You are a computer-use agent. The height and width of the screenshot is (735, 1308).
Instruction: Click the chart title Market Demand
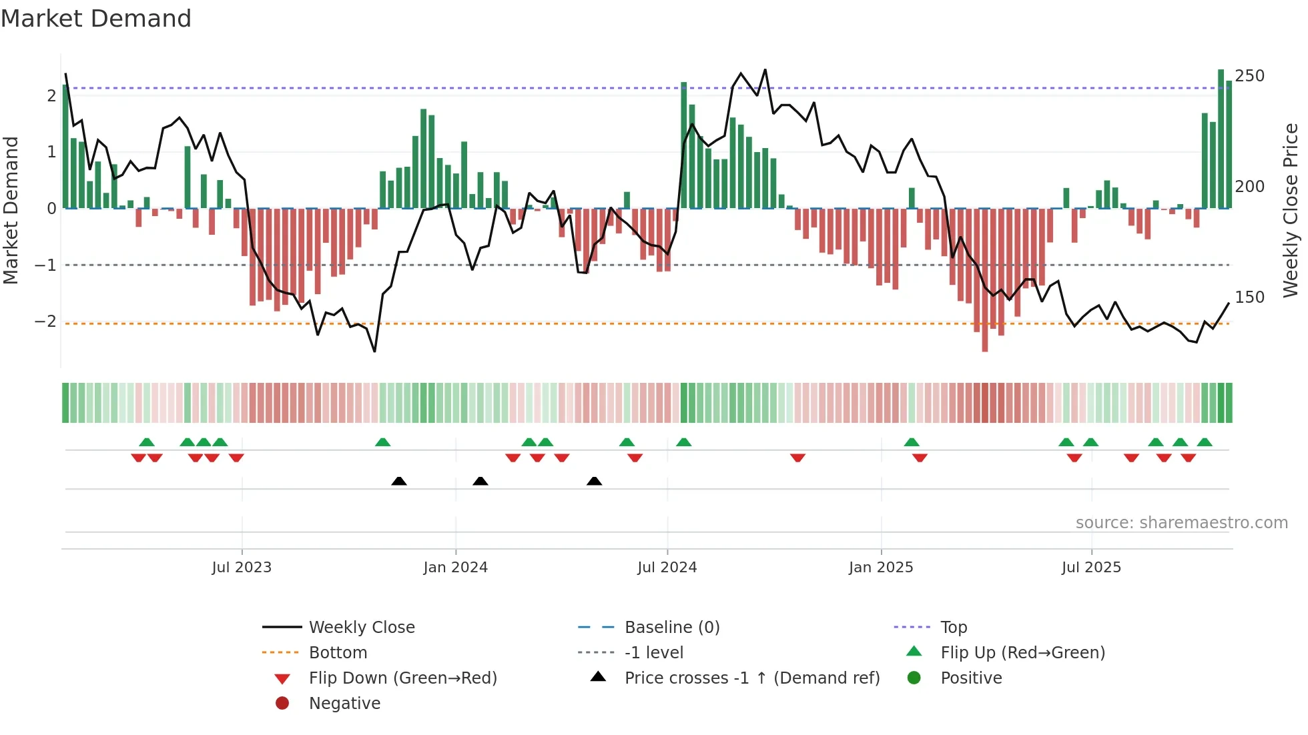point(96,19)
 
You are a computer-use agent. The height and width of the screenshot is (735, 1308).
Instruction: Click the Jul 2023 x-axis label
point(242,568)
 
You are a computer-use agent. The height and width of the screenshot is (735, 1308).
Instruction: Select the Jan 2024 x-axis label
point(455,568)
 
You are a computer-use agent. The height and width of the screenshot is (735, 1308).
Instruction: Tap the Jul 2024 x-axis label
point(667,568)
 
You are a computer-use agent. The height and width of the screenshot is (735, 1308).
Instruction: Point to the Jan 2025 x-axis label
point(881,568)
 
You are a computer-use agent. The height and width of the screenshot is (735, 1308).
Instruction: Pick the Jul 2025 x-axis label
point(1091,568)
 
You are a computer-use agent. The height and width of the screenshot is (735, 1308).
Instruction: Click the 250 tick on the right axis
point(1249,76)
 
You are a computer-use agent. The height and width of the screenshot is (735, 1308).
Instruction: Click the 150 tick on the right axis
point(1249,297)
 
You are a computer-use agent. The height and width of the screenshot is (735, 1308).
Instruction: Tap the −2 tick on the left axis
point(45,321)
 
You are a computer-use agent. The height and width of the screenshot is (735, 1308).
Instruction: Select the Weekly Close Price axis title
point(1291,210)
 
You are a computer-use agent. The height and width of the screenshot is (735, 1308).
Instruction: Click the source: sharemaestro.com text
point(1181,523)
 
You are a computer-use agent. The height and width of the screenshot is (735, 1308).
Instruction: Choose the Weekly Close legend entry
point(362,628)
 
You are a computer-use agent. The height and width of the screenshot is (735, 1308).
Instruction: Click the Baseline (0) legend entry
point(672,628)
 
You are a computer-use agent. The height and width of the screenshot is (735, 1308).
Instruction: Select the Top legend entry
point(954,628)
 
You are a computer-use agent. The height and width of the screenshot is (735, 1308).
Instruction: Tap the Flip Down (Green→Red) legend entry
point(402,678)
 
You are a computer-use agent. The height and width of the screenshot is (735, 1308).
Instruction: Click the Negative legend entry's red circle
point(282,704)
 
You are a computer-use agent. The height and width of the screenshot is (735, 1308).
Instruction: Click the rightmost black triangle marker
point(595,481)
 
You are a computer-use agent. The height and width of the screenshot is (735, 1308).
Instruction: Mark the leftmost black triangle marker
point(399,481)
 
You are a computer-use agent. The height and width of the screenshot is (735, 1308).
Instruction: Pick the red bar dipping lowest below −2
point(985,280)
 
